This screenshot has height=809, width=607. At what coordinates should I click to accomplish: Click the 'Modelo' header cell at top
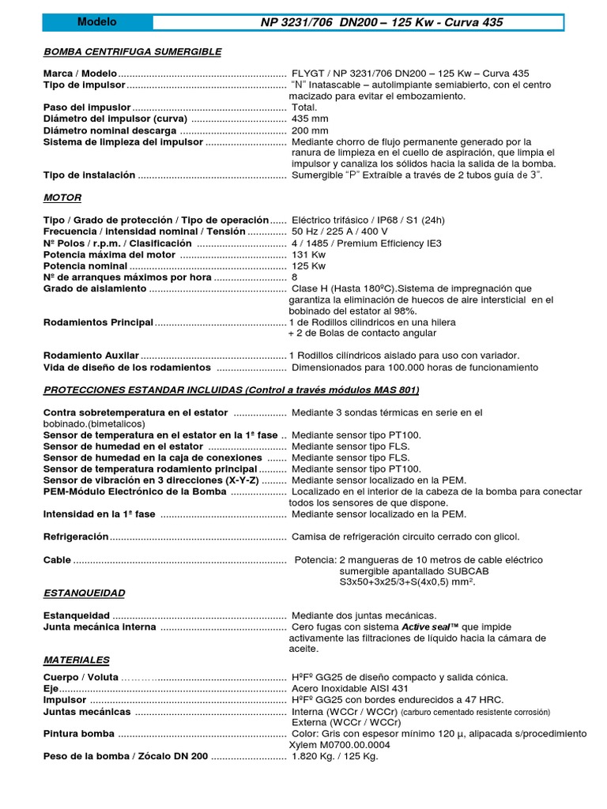tap(97, 22)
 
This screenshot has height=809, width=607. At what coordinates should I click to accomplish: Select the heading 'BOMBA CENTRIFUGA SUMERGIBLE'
tap(132, 51)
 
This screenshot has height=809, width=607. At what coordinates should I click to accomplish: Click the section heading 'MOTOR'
tap(62, 198)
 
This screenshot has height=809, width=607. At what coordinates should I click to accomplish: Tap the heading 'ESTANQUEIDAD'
tap(84, 593)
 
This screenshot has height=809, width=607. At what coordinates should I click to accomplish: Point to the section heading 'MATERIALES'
tap(77, 660)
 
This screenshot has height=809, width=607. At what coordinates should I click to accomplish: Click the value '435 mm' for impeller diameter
tap(311, 119)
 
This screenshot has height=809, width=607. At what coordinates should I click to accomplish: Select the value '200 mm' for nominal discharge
tap(311, 130)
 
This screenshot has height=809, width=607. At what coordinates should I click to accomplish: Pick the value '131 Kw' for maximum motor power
tap(309, 254)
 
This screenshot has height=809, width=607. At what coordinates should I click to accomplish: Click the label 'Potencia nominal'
tap(85, 266)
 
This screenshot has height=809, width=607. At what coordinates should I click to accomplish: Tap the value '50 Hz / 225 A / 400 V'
tap(340, 231)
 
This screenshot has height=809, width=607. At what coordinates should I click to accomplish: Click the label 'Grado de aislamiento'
tap(95, 289)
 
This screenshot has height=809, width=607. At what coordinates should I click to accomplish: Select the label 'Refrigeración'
tap(76, 537)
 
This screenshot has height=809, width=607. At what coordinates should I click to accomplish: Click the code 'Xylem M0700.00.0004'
tap(341, 745)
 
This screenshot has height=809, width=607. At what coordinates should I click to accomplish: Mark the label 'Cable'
tap(58, 560)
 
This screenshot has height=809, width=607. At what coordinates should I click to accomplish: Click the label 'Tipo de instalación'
tap(89, 175)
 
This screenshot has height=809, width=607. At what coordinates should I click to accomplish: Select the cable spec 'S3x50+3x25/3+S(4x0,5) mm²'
tap(407, 581)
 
